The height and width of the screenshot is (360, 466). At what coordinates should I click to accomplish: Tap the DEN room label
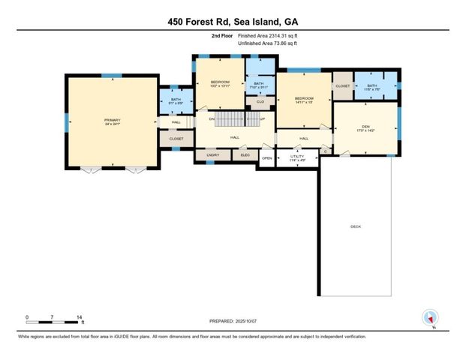365,128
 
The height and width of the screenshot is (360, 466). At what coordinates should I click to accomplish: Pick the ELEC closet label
244,155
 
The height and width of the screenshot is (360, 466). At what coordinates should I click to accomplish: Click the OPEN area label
267,159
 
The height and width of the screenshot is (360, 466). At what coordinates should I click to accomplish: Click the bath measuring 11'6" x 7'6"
373,88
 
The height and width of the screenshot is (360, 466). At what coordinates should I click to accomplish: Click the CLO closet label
260,101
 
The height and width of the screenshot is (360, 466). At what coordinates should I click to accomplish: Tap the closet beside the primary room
176,139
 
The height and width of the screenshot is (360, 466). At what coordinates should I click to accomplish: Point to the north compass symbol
430,318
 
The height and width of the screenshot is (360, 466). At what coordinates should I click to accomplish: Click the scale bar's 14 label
79,317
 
